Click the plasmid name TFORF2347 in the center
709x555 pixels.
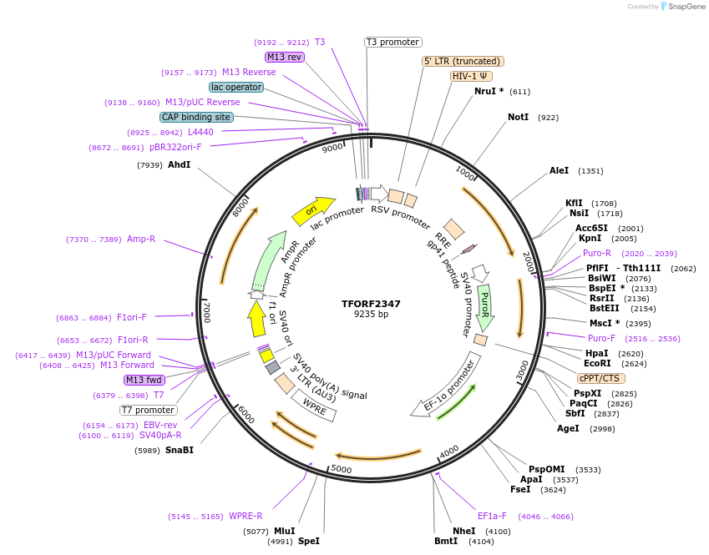tap(371, 304)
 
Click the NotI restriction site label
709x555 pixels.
tap(518, 118)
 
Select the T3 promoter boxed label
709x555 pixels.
tap(393, 42)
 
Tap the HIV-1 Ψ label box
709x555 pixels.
tap(471, 76)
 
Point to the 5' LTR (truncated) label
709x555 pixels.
tap(463, 61)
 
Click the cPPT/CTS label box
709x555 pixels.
tap(601, 378)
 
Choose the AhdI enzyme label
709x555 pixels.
tap(179, 164)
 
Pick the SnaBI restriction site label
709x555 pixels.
tap(179, 451)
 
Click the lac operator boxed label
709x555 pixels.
tap(236, 87)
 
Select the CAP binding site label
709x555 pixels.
tap(195, 118)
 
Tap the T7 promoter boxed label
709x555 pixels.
tap(149, 410)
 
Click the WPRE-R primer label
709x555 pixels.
tap(246, 516)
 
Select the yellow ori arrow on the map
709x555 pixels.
tap(312, 210)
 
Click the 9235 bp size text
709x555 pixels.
tap(371, 315)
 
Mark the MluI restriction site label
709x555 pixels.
tap(284, 531)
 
